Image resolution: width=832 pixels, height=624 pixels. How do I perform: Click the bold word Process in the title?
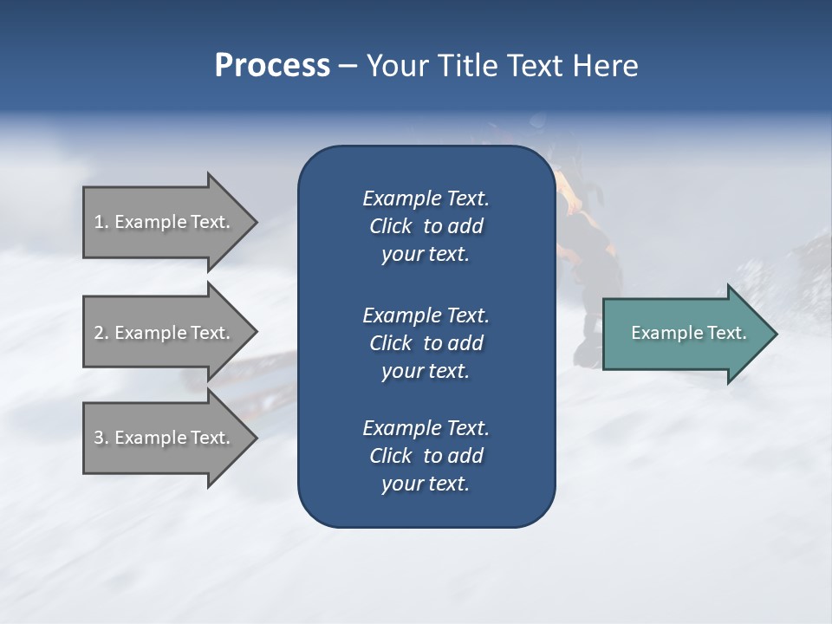(272, 66)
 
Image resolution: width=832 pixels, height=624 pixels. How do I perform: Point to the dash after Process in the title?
(348, 67)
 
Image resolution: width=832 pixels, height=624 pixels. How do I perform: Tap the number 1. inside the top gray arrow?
(101, 222)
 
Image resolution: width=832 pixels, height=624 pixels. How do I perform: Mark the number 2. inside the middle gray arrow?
(101, 333)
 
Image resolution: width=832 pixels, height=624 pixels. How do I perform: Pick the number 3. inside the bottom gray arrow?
(101, 438)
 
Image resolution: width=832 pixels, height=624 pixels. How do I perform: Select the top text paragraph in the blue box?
(426, 226)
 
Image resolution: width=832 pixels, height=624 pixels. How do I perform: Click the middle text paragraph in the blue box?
(426, 343)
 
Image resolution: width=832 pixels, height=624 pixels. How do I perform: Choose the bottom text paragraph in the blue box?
(426, 456)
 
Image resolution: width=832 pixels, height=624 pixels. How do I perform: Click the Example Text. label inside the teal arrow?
(688, 333)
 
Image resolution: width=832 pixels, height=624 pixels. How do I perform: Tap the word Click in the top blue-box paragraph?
(390, 226)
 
